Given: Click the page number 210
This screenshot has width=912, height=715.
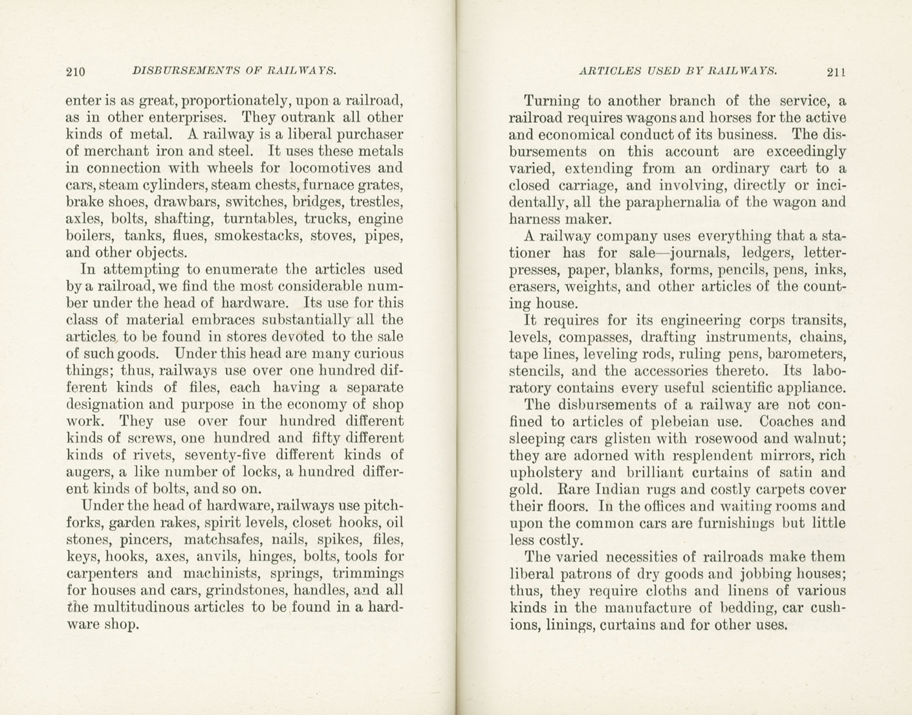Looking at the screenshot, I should (x=76, y=72).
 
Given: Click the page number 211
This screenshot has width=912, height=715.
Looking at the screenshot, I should (x=836, y=72).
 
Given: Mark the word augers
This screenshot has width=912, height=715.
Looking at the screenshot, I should (x=87, y=472).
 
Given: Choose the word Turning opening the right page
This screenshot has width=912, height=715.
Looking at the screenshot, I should (x=552, y=101).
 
